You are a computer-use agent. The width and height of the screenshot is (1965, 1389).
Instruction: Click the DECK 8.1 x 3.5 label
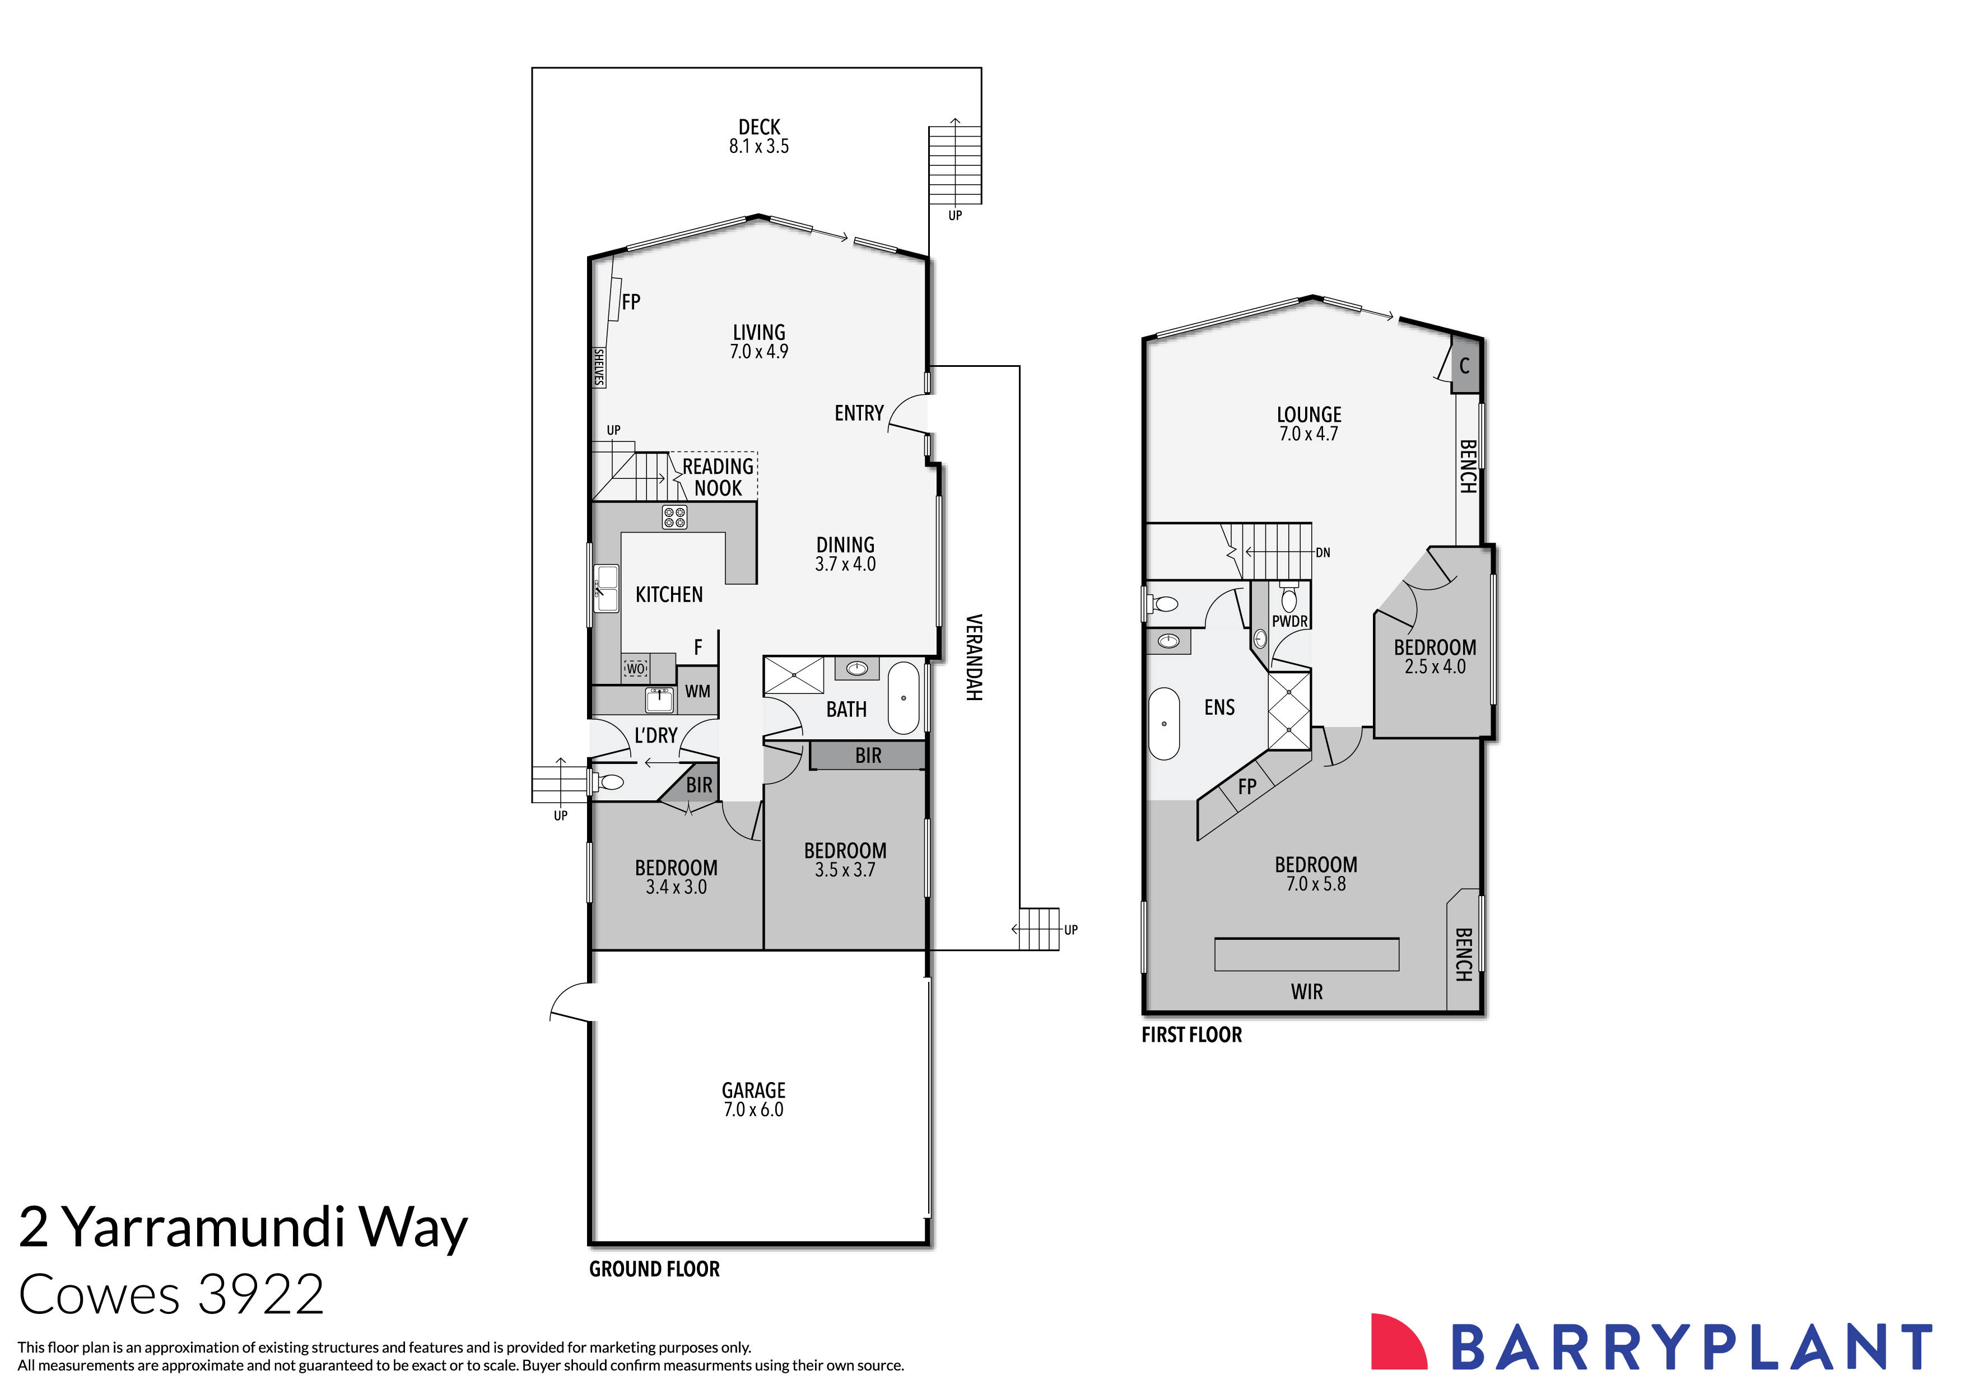point(758,136)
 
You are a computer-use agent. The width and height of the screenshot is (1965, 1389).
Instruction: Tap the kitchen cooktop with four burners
point(674,517)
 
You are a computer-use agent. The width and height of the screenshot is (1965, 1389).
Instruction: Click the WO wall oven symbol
point(635,668)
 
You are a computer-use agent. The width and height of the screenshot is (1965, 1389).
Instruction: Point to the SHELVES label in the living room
point(599,367)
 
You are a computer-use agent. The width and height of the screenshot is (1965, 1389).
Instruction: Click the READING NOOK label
point(717,477)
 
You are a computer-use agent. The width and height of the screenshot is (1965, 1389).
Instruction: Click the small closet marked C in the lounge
point(1464,366)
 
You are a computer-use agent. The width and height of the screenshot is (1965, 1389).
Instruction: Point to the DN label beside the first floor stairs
point(1323,553)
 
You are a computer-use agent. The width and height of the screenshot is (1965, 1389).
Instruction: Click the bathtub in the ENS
point(1164,723)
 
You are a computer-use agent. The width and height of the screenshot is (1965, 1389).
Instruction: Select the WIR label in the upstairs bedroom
point(1306,992)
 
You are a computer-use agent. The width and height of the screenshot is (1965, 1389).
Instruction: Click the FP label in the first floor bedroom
point(1247,786)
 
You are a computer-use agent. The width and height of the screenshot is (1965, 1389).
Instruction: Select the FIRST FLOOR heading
point(1191,1034)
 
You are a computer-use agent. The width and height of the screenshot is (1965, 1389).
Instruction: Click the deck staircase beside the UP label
point(955,164)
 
